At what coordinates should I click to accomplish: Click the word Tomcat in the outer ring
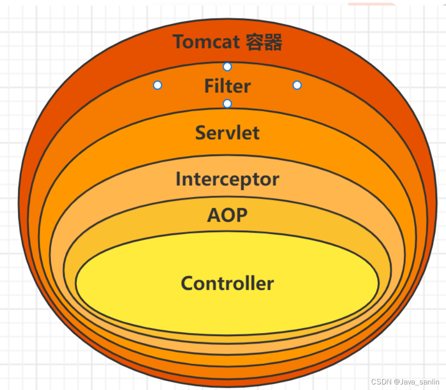click(206, 42)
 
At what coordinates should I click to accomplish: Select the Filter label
click(227, 86)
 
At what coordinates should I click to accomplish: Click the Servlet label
click(227, 133)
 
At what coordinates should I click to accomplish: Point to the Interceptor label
click(227, 179)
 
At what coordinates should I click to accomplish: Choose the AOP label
click(227, 215)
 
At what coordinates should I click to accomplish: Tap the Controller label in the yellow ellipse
click(227, 283)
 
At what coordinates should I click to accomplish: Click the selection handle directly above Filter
click(227, 67)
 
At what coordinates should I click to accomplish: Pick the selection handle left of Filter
click(157, 85)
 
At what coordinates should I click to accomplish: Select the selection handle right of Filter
click(297, 85)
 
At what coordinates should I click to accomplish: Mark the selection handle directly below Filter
click(227, 103)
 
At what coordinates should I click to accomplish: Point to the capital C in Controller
click(187, 283)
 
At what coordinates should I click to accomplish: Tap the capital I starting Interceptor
click(178, 179)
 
